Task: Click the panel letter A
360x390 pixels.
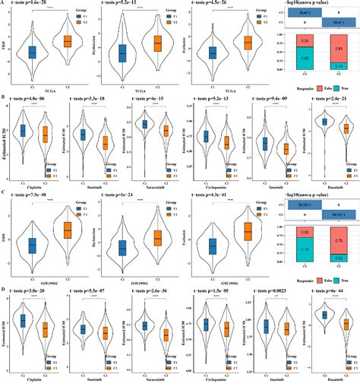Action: coord(4,4)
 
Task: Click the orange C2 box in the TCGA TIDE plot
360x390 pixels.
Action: coord(67,40)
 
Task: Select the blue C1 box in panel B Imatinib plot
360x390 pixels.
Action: coord(264,144)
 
